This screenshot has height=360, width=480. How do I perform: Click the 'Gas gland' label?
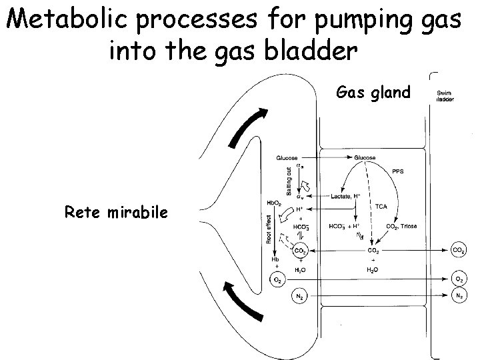373,92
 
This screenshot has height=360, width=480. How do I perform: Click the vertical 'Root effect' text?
268,231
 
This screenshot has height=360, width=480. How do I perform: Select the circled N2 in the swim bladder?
459,294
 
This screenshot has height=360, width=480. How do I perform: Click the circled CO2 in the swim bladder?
459,251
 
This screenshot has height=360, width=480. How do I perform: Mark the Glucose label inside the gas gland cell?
364,158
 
